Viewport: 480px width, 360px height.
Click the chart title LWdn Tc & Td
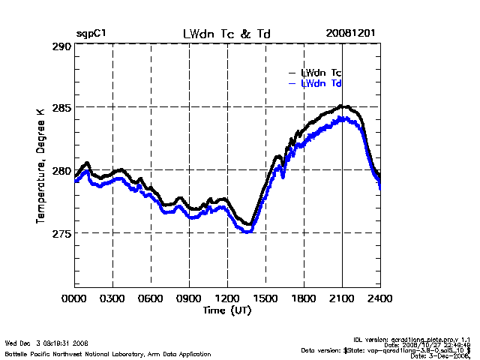click(x=226, y=34)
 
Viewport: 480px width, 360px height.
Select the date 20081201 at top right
click(x=351, y=34)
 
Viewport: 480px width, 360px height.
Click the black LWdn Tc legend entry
click(x=321, y=73)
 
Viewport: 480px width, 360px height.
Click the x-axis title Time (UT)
click(x=226, y=310)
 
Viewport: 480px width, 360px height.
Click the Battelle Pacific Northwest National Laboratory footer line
click(x=108, y=353)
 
